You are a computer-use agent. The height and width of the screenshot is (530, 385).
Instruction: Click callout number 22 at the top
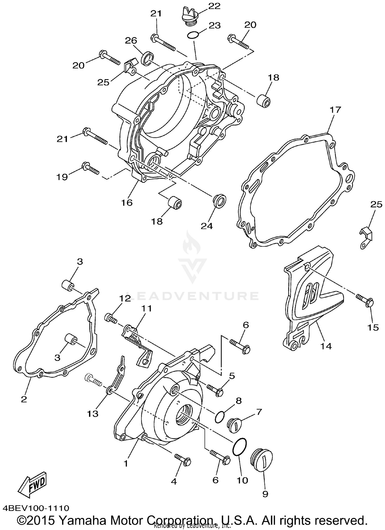(214, 6)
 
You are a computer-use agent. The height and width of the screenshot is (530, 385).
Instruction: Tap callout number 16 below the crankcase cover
(127, 203)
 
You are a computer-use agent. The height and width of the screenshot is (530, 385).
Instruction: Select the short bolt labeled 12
(111, 319)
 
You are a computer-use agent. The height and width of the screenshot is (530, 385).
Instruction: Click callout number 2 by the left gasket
(24, 399)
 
